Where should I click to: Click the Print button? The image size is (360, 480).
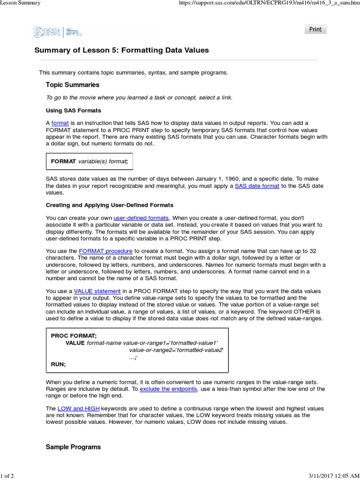point(315,29)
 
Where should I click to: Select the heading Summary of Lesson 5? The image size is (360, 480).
point(121,50)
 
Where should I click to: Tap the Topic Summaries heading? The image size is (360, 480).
point(72,85)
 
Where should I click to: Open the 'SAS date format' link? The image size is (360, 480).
point(257,186)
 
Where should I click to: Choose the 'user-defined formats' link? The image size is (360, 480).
point(141,218)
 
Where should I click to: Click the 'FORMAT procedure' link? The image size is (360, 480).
point(105,251)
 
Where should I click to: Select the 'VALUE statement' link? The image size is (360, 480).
point(97,291)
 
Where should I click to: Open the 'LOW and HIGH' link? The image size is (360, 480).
point(79,409)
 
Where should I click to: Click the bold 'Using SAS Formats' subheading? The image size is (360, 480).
point(73,111)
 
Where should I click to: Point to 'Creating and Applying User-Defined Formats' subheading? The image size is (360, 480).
point(109,205)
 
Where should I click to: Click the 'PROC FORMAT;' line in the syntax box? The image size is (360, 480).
point(74,336)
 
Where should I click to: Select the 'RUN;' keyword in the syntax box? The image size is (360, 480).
point(58,364)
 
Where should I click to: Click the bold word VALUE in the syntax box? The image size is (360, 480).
point(75,343)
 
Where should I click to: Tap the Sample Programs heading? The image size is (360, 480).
point(73,447)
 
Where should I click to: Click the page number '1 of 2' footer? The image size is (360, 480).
point(7,476)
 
